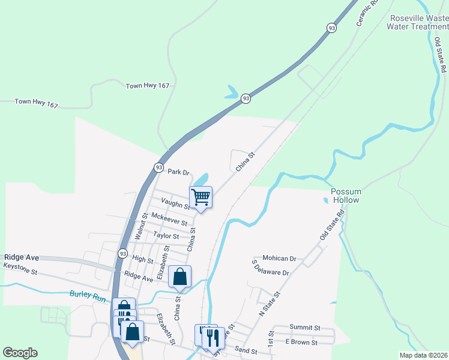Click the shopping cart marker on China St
pyautogui.click(x=200, y=197)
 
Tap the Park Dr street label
pyautogui.click(x=178, y=172)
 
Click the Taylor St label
pyautogui.click(x=166, y=235)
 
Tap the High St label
pyautogui.click(x=142, y=259)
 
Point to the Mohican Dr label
pyautogui.click(x=279, y=259)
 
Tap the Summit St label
pyautogui.click(x=304, y=328)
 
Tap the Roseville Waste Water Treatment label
pyautogui.click(x=418, y=22)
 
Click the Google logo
pyautogui.click(x=20, y=353)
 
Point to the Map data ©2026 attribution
pyautogui.click(x=423, y=355)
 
